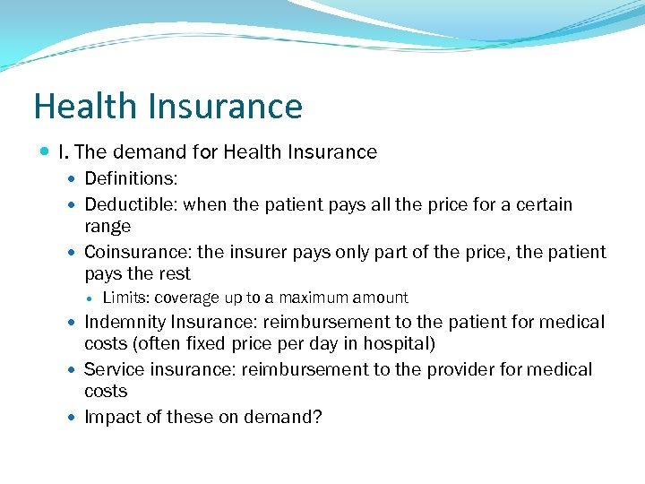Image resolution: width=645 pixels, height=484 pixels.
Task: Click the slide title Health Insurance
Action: pyautogui.click(x=168, y=107)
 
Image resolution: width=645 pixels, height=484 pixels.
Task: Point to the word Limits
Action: pyautogui.click(x=125, y=298)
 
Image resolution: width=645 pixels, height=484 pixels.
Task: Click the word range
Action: pyautogui.click(x=107, y=227)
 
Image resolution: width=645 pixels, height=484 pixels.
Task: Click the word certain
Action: pyautogui.click(x=543, y=205)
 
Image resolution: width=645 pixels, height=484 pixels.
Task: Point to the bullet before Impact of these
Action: pyautogui.click(x=73, y=418)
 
